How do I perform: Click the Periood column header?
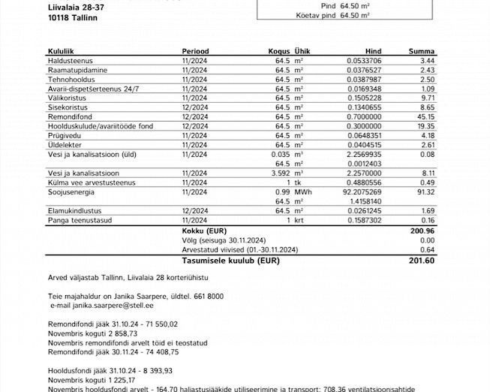195,51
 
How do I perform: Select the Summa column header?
421,51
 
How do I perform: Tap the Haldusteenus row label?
70,60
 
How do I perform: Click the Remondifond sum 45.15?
425,116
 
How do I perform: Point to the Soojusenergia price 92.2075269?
364,192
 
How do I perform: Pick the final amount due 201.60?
422,260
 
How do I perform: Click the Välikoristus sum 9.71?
428,98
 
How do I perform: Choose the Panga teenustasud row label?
78,221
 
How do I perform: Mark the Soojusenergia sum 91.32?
425,192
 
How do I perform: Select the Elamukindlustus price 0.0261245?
364,211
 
